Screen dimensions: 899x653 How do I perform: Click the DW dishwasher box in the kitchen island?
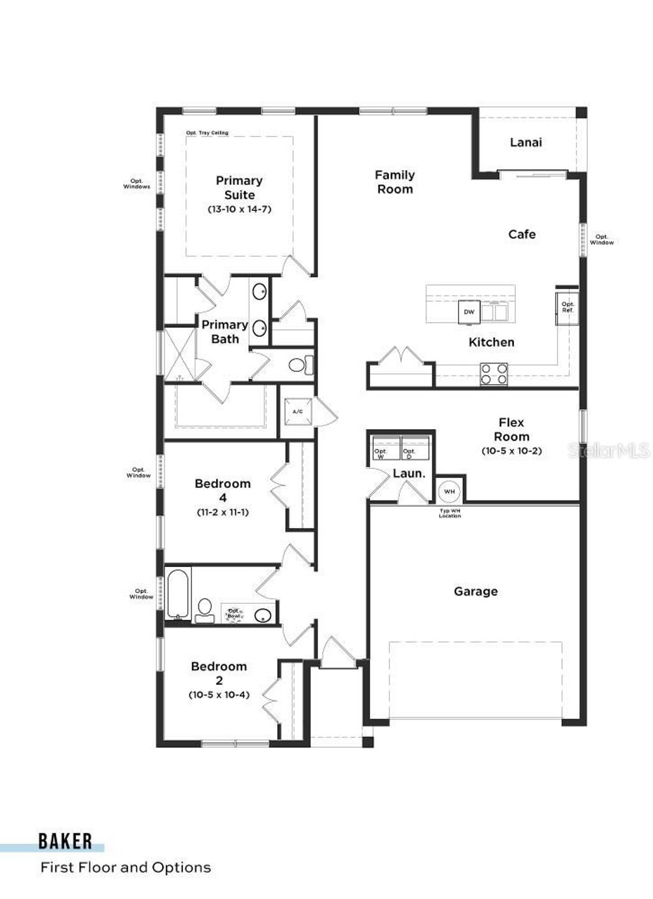pos(469,312)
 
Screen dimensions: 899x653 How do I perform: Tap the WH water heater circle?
pos(449,492)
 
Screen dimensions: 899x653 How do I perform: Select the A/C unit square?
pos(298,412)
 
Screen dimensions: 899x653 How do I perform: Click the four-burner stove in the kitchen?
pos(494,374)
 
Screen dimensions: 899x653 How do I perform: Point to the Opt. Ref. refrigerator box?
pos(567,308)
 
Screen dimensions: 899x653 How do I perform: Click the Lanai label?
pos(525,142)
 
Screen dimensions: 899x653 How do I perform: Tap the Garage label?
pos(476,592)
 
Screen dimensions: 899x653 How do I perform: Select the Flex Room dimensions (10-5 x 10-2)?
pos(511,451)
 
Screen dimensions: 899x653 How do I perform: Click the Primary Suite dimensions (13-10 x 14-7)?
pos(239,209)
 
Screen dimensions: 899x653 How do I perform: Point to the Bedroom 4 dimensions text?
pos(223,511)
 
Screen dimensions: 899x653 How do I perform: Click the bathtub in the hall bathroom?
pos(178,594)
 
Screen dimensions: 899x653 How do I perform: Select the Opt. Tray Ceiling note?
pos(207,133)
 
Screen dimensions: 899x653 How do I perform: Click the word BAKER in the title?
pos(65,841)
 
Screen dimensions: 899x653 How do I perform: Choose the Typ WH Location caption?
pos(450,513)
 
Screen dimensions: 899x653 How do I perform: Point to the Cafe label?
pos(522,235)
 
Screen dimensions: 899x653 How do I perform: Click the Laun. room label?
pos(408,474)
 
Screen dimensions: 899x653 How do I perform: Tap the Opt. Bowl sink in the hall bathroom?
pos(263,615)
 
